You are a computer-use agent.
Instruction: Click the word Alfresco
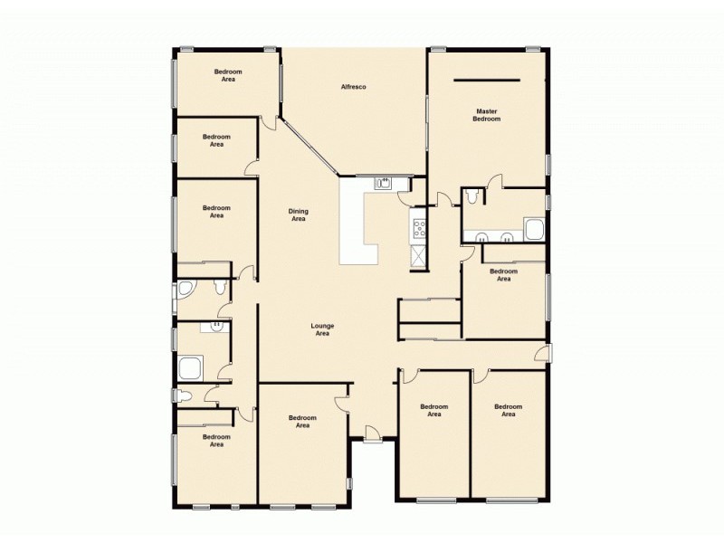tap(353, 86)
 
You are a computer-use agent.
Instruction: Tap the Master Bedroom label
tap(487, 115)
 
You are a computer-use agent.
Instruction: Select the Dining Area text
tap(298, 214)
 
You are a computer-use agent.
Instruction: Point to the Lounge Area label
tap(322, 329)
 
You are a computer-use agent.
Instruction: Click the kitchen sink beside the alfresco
tap(384, 183)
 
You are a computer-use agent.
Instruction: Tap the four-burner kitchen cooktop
tap(419, 226)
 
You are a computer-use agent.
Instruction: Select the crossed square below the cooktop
tap(419, 256)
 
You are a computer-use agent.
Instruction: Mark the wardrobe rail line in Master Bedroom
tap(487, 80)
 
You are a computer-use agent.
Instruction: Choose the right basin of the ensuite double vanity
tap(508, 238)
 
